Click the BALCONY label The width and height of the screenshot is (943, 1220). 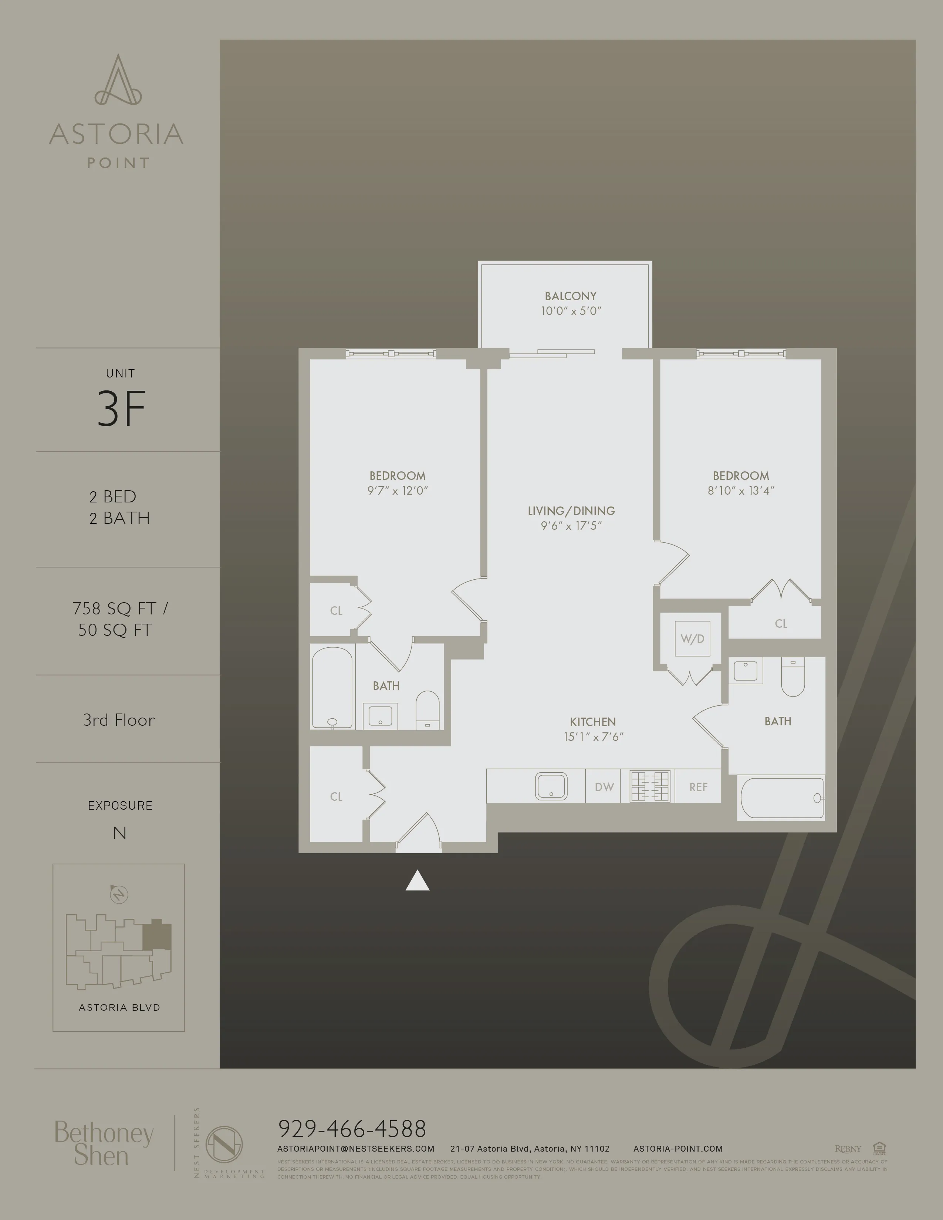570,296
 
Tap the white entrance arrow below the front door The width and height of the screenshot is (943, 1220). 417,881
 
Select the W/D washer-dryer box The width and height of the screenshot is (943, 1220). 692,638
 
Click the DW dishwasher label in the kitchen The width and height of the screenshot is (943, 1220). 604,787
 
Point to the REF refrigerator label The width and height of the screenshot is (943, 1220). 698,787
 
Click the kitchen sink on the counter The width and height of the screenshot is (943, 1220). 551,786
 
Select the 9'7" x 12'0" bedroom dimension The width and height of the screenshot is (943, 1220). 397,491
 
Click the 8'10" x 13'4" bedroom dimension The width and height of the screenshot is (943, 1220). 741,491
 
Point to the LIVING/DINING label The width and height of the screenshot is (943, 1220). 571,511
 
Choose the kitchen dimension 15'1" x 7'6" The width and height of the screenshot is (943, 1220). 593,737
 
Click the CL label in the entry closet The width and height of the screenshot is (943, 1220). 336,797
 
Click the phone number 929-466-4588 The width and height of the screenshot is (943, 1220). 352,1129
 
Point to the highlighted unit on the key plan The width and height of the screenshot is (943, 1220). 156,936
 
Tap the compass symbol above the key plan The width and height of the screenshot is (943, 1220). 118,894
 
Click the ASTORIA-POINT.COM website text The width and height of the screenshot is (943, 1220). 677,1149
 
